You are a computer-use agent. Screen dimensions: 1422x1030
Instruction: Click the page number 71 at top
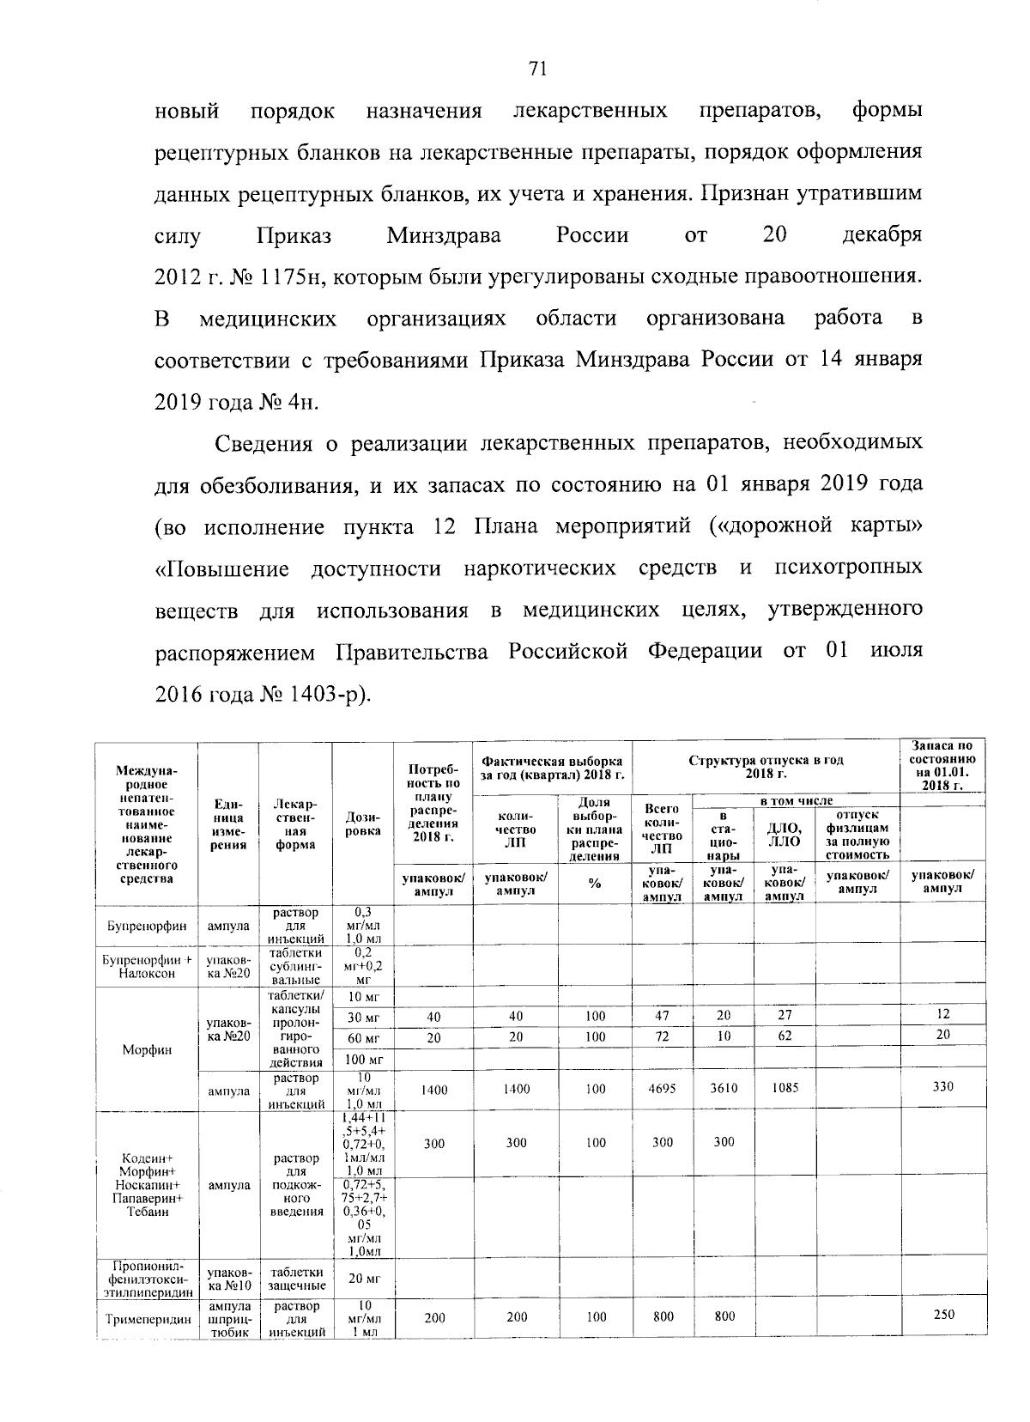point(538,70)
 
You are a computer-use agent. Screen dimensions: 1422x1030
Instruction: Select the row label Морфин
point(146,1049)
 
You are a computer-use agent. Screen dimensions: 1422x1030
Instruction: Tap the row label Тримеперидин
point(146,1319)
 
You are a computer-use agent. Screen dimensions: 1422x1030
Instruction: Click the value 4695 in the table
point(663,1089)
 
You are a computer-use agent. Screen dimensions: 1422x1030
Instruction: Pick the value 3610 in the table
point(724,1089)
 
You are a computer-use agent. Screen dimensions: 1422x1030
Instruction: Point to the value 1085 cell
point(784,1089)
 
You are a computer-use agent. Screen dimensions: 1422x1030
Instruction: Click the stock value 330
point(942,1087)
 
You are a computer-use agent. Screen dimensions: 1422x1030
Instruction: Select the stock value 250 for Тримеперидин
point(942,1316)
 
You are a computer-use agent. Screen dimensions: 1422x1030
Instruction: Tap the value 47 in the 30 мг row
point(663,1015)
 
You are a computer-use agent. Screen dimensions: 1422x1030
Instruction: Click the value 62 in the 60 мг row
point(784,1036)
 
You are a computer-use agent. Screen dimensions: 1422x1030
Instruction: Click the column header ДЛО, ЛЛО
point(784,834)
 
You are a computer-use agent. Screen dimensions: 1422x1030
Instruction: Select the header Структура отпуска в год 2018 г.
point(766,767)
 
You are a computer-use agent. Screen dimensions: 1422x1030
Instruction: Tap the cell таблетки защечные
point(295,1279)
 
